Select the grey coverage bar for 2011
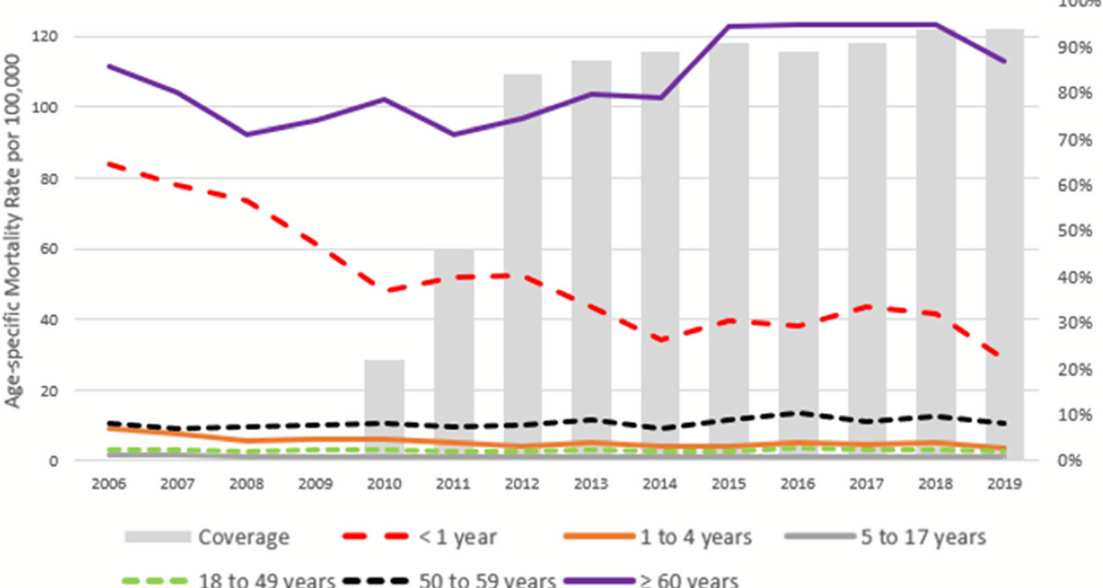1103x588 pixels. (x=454, y=345)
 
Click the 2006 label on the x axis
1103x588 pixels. (x=109, y=484)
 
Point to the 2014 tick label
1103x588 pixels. (x=660, y=484)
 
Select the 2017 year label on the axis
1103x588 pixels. (x=866, y=484)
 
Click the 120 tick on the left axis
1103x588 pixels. (x=44, y=37)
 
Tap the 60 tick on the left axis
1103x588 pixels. (x=49, y=249)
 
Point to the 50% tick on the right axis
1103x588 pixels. (x=1074, y=231)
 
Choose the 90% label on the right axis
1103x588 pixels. (x=1074, y=48)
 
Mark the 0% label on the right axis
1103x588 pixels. (x=1070, y=461)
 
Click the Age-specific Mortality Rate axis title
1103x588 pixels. (x=13, y=230)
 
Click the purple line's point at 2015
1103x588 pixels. (x=728, y=26)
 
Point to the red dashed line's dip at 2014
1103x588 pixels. (x=661, y=340)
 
